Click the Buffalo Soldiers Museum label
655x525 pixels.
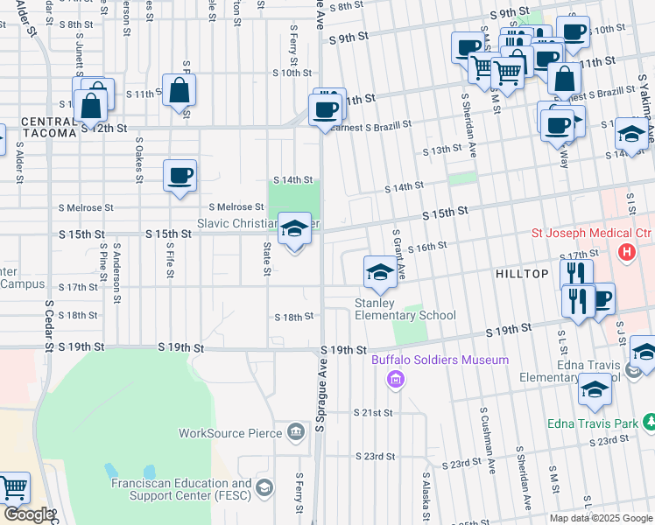(x=440, y=360)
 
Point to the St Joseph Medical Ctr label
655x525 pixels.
(x=593, y=234)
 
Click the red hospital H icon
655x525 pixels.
(x=626, y=253)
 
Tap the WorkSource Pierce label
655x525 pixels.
(x=230, y=432)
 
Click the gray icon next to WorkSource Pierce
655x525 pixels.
(x=296, y=432)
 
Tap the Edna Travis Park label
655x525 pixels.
(x=601, y=423)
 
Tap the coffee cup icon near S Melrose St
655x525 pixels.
(x=180, y=175)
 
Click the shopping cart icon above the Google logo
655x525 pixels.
(x=13, y=488)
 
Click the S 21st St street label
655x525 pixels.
(x=374, y=411)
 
